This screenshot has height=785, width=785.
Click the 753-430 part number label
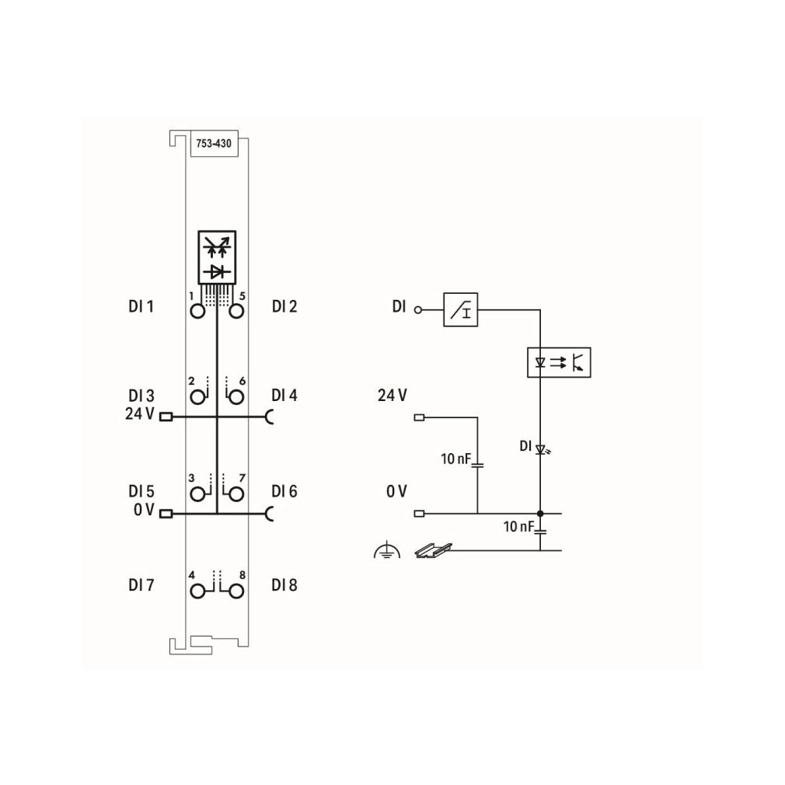(x=214, y=144)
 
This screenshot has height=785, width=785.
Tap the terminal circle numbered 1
(x=197, y=312)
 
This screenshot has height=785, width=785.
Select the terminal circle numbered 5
(x=236, y=312)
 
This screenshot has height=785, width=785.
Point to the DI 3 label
(x=141, y=396)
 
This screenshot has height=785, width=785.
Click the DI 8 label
(x=284, y=584)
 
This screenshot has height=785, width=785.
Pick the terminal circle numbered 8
(x=236, y=591)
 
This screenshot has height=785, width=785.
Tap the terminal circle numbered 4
(x=197, y=591)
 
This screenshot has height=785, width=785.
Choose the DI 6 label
(x=284, y=491)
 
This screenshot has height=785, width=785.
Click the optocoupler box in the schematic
(x=559, y=362)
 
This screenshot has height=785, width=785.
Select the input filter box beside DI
(x=461, y=310)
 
